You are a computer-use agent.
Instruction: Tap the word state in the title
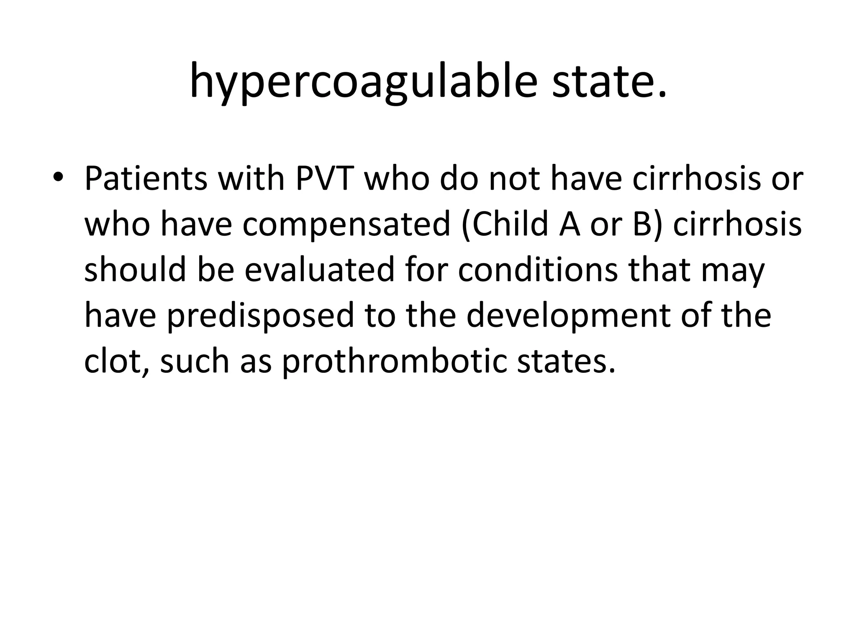tap(609, 82)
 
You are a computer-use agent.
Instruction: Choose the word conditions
tap(537, 270)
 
